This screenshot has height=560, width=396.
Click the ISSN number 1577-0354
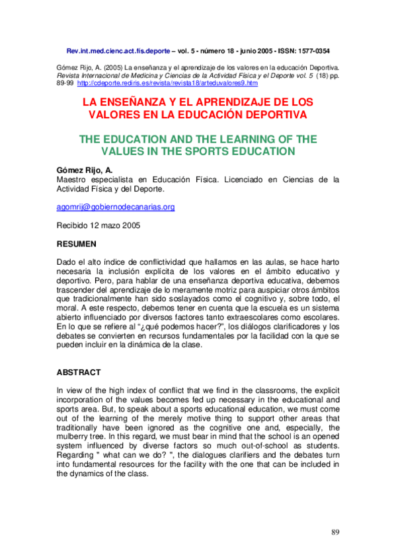pyautogui.click(x=310, y=50)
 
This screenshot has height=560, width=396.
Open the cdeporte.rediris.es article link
pyautogui.click(x=167, y=83)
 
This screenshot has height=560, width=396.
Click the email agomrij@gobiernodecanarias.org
pyautogui.click(x=116, y=207)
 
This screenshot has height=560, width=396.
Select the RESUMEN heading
pyautogui.click(x=77, y=244)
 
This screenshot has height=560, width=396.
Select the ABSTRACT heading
pyautogui.click(x=80, y=372)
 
